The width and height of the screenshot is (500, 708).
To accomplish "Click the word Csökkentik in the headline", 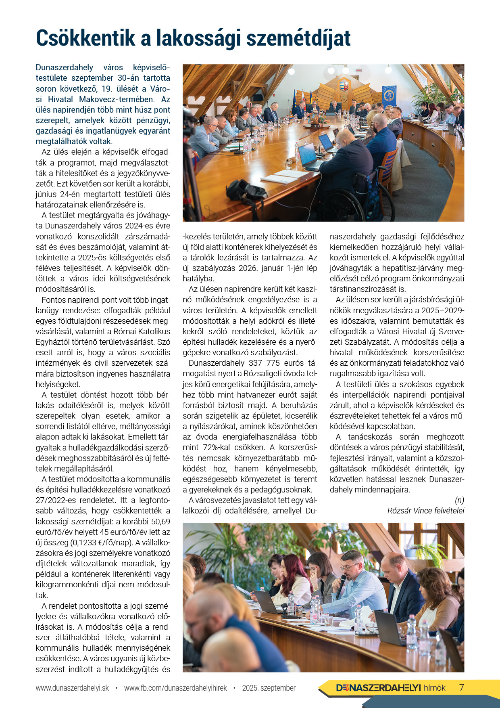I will coord(85,38).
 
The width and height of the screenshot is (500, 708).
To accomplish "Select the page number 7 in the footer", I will coord(462,688).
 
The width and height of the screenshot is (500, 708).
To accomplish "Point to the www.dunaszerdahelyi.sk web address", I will coord(72,688).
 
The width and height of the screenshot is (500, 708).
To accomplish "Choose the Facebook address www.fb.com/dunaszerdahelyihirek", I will coord(175,688).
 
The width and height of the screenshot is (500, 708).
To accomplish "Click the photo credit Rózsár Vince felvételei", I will coord(425,511).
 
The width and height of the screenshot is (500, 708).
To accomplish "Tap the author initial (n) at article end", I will coord(459,500).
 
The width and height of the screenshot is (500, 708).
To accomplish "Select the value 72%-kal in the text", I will coord(217,447).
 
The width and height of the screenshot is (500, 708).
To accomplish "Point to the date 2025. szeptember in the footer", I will coord(269,688).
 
